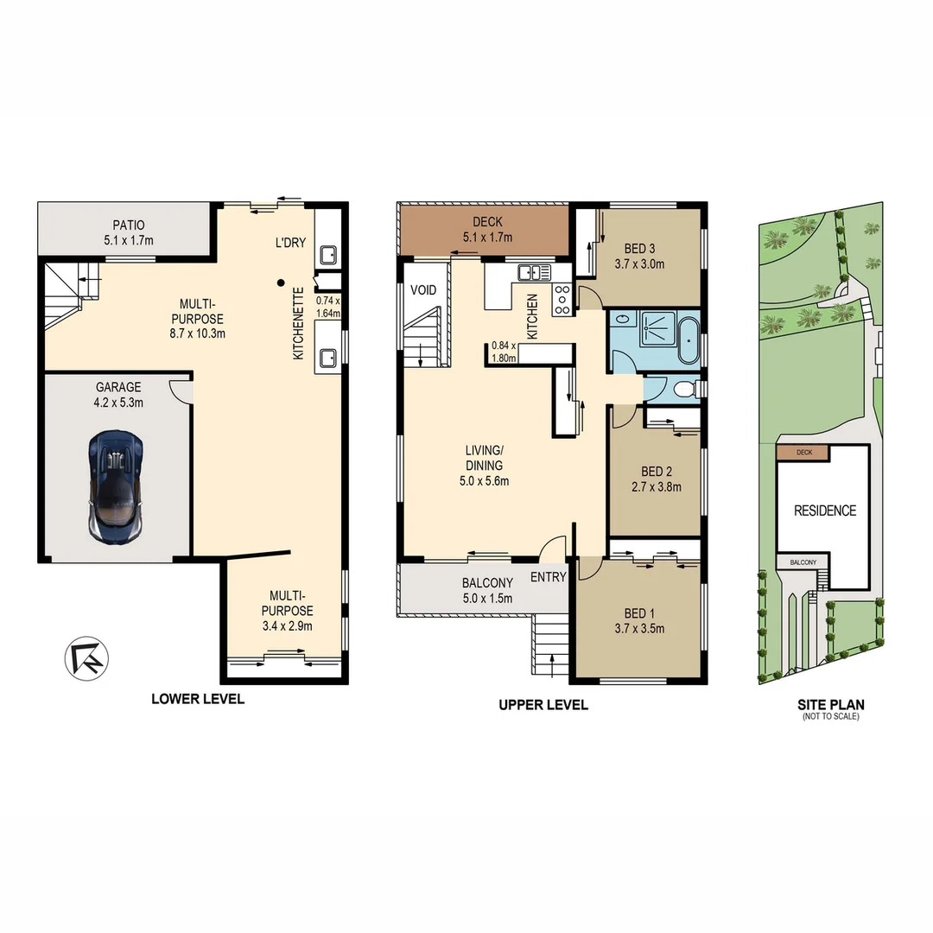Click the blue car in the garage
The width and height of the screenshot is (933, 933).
click(115, 487)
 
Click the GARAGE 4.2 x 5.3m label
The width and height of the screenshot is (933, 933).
click(118, 395)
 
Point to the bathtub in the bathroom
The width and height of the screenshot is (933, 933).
click(688, 342)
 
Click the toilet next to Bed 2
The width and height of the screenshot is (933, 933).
click(685, 390)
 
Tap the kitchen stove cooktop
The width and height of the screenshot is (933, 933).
click(561, 299)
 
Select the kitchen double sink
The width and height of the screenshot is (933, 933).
click(534, 272)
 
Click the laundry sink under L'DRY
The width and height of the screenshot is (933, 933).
click(328, 255)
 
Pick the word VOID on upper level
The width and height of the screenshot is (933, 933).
click(423, 289)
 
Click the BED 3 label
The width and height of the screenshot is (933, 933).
click(639, 257)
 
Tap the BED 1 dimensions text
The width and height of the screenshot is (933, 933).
click(639, 629)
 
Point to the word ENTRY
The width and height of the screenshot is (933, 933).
click(548, 577)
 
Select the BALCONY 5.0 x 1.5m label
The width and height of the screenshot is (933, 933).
click(487, 590)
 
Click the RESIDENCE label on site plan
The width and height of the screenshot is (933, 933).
click(825, 511)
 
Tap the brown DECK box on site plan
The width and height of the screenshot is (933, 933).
click(802, 452)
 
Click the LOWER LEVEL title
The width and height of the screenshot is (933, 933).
click(198, 699)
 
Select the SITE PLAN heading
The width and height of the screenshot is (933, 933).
click(829, 706)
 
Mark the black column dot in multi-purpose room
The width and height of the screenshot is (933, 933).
click(280, 282)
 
